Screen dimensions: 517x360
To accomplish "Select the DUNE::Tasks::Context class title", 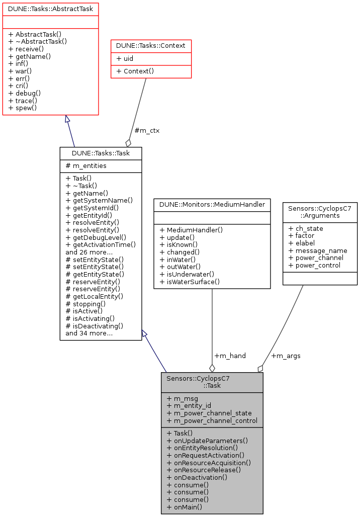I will (151, 45).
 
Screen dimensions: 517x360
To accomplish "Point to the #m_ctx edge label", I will (147, 131).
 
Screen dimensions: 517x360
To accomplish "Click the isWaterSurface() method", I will (190, 282).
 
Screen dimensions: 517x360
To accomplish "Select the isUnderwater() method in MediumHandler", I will (187, 274).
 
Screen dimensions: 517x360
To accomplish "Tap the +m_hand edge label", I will (230, 356).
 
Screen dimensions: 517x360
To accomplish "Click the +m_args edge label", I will (286, 356).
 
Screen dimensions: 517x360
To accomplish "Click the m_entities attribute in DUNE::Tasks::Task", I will (86, 166).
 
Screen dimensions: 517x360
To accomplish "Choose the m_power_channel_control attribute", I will (212, 420).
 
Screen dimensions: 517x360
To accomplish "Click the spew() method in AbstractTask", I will (23, 108).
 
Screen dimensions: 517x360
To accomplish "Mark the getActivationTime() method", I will (101, 244).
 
